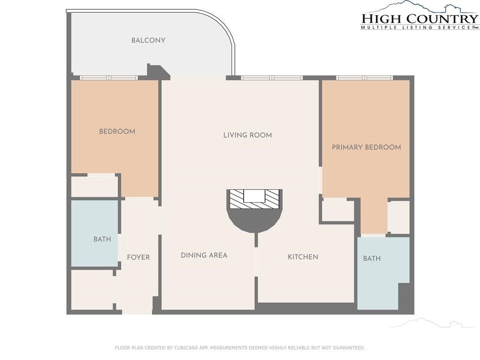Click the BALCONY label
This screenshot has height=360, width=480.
[x=148, y=40]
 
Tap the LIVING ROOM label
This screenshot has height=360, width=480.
[x=247, y=135]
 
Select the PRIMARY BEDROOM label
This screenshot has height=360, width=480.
[x=367, y=147]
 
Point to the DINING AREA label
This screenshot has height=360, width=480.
[x=204, y=255]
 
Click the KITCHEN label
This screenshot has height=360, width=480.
[x=303, y=257]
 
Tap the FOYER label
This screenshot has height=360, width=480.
[x=138, y=257]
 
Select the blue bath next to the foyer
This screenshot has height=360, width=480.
[x=95, y=233]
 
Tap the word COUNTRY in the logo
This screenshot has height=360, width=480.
[x=442, y=19]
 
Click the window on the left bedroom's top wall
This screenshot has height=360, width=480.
[x=109, y=78]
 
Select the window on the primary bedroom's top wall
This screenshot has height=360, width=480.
[x=364, y=78]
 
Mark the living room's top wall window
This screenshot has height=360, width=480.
[x=272, y=78]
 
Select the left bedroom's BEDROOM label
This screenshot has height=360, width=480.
[x=117, y=132]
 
